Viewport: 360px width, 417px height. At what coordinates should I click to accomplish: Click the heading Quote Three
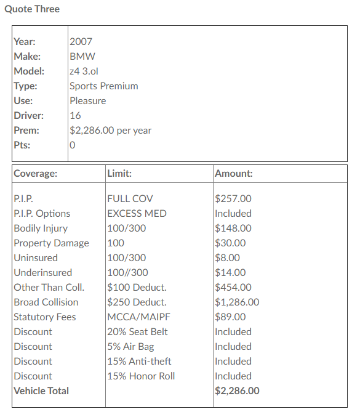click(x=32, y=9)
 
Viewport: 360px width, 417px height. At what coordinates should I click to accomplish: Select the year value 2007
click(x=81, y=42)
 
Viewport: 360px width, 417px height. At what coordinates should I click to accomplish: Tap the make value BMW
click(x=82, y=57)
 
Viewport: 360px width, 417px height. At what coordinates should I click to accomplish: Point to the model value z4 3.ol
click(x=84, y=71)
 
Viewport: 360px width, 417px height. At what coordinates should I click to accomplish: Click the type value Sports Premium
click(x=103, y=86)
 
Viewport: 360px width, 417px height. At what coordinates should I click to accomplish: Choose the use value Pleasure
click(x=87, y=101)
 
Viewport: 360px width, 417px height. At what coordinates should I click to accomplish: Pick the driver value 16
click(x=75, y=116)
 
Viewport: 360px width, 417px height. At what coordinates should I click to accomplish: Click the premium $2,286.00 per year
click(x=110, y=131)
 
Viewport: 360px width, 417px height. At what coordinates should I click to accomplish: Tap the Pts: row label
click(x=22, y=145)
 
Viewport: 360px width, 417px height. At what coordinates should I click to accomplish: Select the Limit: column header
click(x=119, y=174)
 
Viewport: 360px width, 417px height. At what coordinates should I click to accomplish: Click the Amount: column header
click(x=234, y=174)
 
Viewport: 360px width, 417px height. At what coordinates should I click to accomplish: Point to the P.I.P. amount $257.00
click(x=233, y=199)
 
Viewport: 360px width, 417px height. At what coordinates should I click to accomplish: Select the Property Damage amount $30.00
click(x=230, y=243)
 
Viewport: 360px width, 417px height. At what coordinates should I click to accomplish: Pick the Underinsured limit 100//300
click(x=127, y=273)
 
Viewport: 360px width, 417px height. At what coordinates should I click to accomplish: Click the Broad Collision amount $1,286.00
click(x=237, y=302)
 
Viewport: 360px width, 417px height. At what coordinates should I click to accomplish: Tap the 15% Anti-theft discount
click(x=139, y=362)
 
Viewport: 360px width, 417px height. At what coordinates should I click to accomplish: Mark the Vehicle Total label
click(x=41, y=391)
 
